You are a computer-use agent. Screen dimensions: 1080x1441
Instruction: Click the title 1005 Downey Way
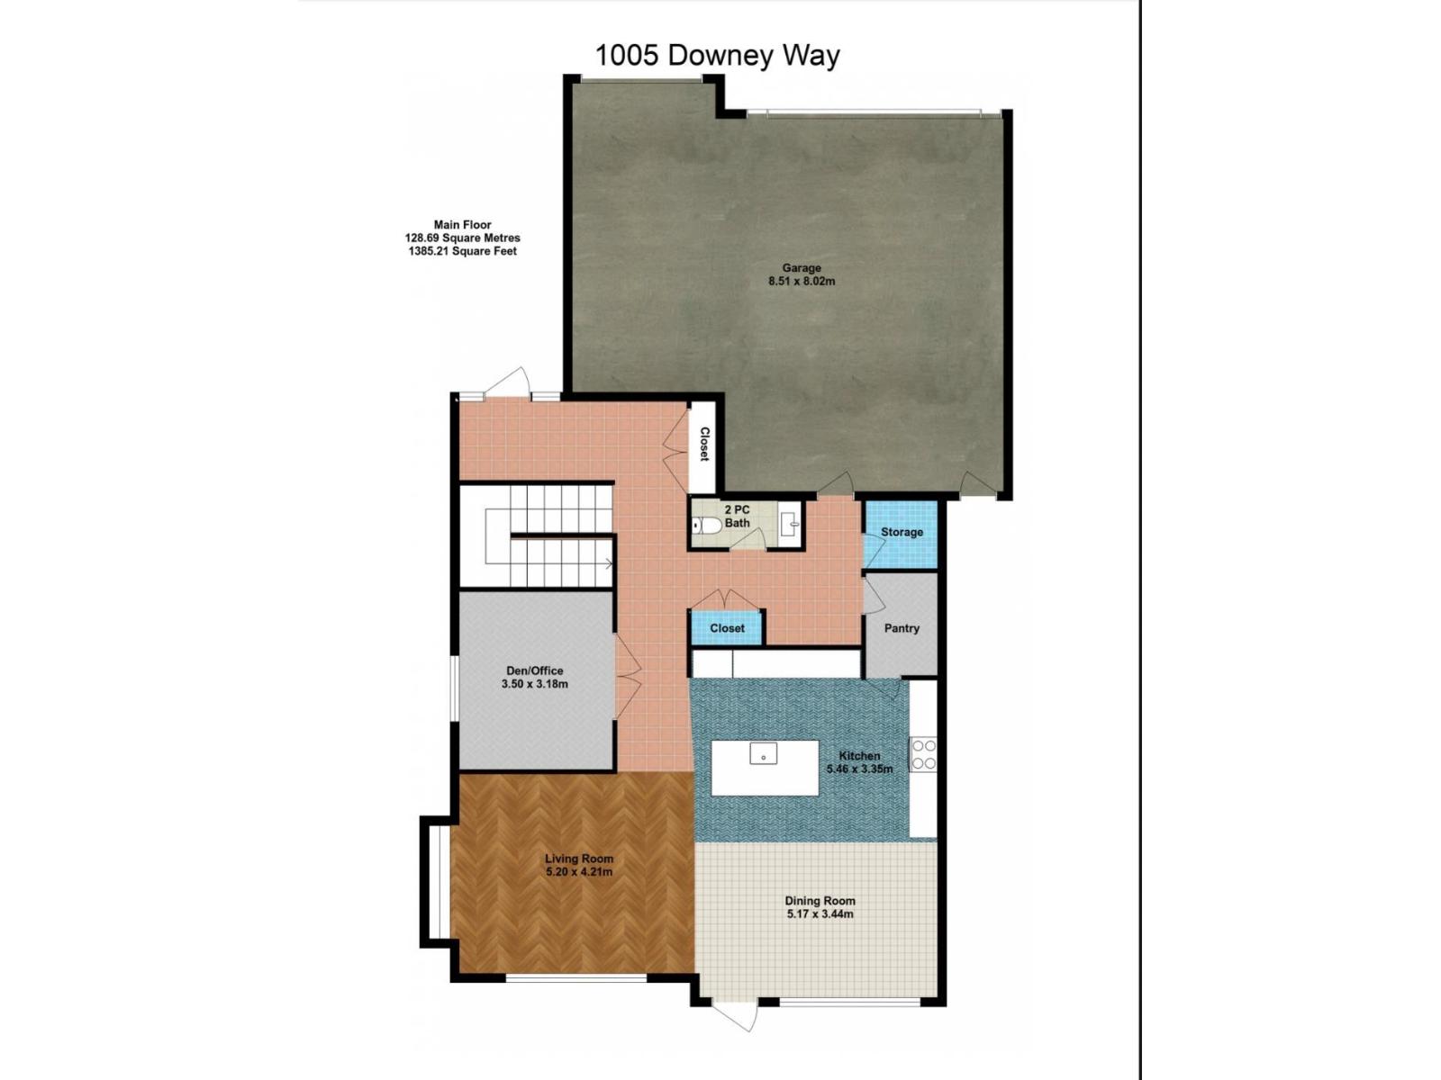point(717,56)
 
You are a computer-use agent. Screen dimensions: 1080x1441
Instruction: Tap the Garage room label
point(801,268)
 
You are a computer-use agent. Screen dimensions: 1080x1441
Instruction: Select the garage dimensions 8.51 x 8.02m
point(801,282)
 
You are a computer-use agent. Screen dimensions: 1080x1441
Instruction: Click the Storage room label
point(902,533)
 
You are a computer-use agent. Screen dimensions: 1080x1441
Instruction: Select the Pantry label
point(902,629)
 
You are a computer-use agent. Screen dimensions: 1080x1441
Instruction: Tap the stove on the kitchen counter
point(922,754)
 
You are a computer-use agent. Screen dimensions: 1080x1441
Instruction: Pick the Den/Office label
point(534,670)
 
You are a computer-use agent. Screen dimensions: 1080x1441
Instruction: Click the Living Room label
point(578,859)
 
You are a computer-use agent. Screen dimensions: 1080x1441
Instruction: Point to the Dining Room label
point(820,901)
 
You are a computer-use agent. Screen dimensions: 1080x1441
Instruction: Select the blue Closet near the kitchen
point(727,628)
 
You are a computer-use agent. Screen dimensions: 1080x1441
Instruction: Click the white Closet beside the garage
point(703,445)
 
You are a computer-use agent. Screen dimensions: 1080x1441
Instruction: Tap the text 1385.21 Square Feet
point(462,252)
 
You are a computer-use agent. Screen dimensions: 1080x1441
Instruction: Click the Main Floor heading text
point(462,225)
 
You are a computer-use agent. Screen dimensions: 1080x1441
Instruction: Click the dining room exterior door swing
point(736,1016)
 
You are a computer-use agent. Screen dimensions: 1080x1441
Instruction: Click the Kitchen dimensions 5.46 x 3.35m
point(859,769)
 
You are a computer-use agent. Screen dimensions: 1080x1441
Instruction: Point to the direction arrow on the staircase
point(609,564)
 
